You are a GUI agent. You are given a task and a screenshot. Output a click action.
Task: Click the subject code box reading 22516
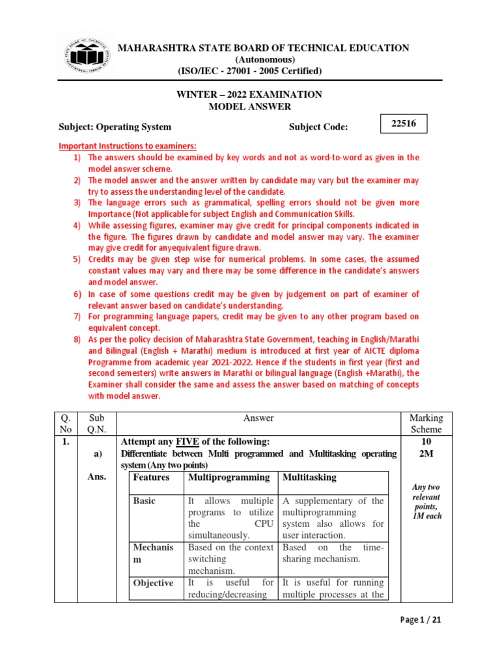[404, 122]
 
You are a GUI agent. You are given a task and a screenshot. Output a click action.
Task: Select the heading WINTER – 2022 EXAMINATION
[249, 94]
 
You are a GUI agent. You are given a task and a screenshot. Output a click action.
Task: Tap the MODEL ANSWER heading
[249, 107]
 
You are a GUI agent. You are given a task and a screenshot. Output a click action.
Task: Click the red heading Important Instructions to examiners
[127, 145]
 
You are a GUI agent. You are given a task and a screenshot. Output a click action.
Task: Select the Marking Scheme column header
[426, 423]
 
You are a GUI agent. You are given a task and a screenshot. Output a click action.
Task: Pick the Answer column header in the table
[258, 418]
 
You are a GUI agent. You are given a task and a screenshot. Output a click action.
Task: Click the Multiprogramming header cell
[229, 477]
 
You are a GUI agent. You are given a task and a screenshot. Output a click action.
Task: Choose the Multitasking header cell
[309, 477]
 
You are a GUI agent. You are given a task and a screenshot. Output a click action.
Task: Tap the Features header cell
[151, 477]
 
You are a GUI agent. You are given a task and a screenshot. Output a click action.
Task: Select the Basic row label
[145, 502]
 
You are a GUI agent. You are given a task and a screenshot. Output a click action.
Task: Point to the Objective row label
[154, 583]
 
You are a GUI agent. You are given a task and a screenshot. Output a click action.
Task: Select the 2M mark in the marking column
[426, 453]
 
